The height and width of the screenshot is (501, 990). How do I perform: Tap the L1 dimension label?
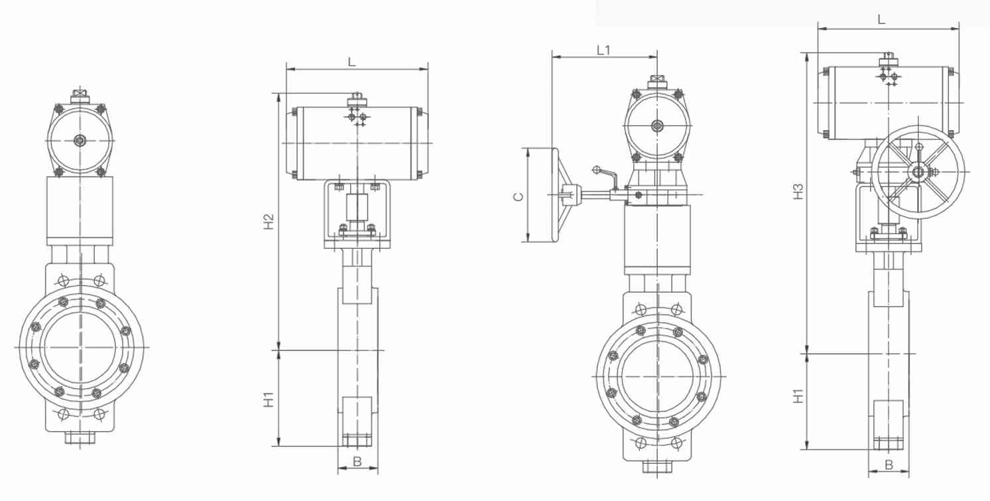[603, 50]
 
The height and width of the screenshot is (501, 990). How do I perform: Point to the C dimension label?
[519, 196]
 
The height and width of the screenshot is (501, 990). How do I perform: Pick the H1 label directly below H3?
[799, 396]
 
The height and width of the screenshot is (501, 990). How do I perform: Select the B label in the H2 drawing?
[357, 461]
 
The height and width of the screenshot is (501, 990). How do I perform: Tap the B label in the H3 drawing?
[889, 465]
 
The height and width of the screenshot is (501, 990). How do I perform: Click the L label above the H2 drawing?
[352, 62]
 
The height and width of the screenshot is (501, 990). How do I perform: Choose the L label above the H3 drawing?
[881, 20]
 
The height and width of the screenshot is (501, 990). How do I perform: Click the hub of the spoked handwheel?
[918, 173]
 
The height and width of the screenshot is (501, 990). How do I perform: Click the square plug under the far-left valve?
[80, 437]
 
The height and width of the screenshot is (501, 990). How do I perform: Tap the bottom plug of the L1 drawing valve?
[657, 466]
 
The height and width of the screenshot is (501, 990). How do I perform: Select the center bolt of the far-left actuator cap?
[80, 140]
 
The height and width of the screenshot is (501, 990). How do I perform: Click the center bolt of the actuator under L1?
[657, 125]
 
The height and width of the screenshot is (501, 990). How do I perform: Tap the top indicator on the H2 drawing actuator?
[357, 100]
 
